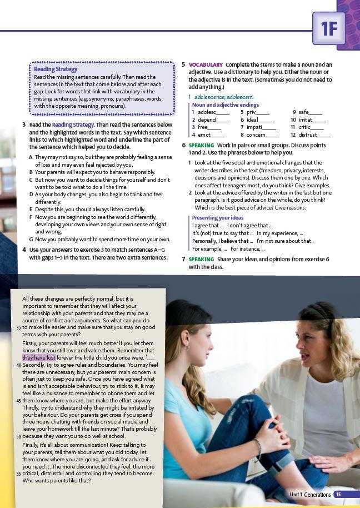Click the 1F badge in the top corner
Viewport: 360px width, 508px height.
point(329,28)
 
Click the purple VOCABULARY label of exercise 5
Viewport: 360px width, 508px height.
point(206,65)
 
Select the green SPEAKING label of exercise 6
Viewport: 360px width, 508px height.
point(201,146)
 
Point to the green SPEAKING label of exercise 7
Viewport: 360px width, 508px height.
point(201,260)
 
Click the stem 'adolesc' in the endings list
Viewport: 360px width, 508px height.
point(207,112)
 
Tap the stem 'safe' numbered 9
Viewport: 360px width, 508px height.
point(304,112)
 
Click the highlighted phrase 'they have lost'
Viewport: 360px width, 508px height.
point(39,358)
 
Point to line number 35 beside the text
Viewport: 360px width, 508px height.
point(18,327)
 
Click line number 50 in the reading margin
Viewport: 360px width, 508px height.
point(18,436)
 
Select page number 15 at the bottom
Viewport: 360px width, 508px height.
point(338,495)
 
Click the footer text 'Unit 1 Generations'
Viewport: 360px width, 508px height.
point(310,495)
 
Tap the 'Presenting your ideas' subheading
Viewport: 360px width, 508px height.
point(217,218)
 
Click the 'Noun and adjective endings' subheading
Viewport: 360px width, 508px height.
point(225,105)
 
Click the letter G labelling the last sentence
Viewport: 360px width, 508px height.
point(31,240)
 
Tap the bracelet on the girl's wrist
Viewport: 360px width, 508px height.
point(258,449)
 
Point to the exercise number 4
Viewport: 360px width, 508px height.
point(24,250)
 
